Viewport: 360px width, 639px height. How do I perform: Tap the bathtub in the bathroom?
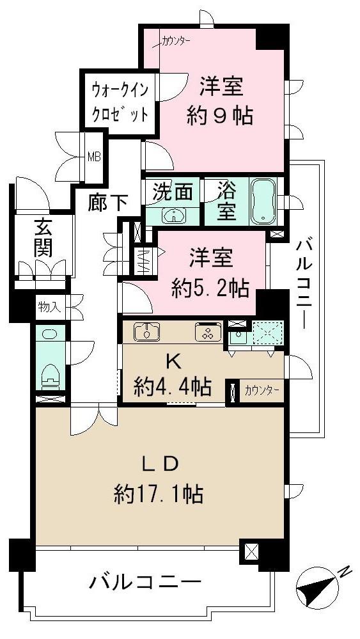click(263, 201)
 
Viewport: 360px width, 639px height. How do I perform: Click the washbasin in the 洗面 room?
click(173, 216)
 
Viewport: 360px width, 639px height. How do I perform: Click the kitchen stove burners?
click(208, 332)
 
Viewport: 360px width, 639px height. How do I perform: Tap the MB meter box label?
click(94, 155)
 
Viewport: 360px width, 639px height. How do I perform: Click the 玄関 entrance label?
click(43, 238)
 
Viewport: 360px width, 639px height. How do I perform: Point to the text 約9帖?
click(219, 116)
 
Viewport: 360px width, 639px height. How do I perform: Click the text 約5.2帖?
click(210, 289)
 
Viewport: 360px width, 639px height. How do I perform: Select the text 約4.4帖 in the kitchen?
click(173, 386)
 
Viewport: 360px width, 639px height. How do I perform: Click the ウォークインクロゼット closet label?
click(119, 101)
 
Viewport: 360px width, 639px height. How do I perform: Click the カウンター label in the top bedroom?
click(176, 42)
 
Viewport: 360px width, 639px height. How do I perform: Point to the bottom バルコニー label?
click(145, 582)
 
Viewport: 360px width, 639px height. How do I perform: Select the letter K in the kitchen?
click(173, 361)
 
